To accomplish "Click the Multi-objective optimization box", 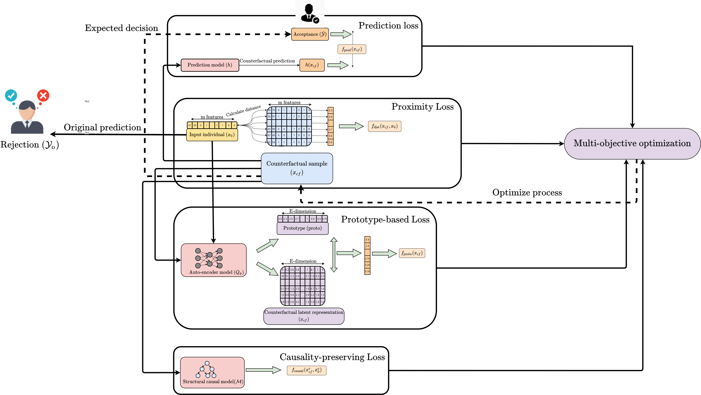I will [632, 144].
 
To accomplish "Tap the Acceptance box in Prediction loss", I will [310, 34].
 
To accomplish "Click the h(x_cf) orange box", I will [312, 65].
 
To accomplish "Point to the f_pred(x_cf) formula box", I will [352, 49].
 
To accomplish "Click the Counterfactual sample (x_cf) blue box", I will [297, 168].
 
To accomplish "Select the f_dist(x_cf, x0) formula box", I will [384, 126].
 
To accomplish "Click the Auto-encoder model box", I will [214, 260].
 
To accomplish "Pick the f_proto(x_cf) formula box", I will [412, 253].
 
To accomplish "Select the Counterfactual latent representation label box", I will [304, 316].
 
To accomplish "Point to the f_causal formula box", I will [306, 370].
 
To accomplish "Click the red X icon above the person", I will [43, 95].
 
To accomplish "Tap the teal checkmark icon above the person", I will [11, 95].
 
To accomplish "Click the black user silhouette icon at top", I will [309, 13].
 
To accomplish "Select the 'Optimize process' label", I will [527, 193].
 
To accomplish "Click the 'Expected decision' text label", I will [121, 28].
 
